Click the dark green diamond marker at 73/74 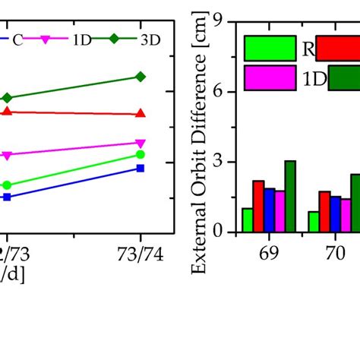140,77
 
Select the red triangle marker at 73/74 140,114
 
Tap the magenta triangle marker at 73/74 140,143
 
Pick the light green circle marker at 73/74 140,154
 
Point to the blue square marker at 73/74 140,168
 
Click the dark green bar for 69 290,196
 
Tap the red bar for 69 258,206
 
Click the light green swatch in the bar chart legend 270,49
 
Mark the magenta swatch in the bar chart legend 270,77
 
